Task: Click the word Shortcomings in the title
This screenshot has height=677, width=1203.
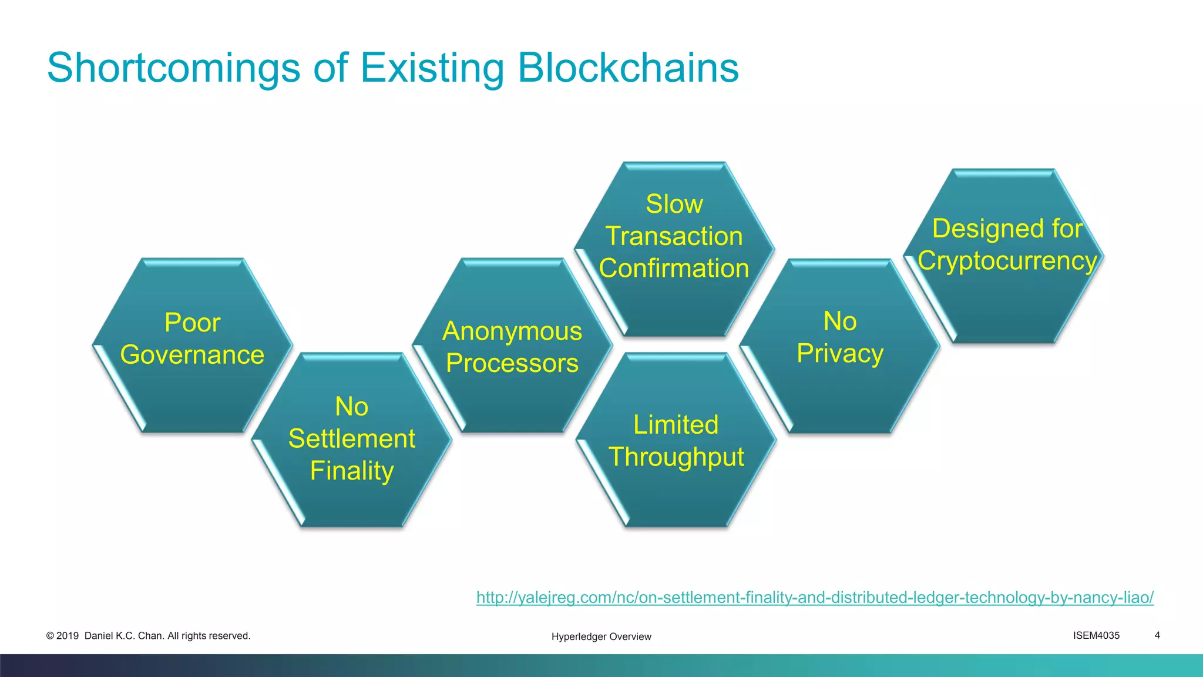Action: pyautogui.click(x=174, y=68)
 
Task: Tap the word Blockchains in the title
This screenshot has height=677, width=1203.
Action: pyautogui.click(x=628, y=68)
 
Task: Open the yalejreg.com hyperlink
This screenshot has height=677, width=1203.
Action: pyautogui.click(x=815, y=598)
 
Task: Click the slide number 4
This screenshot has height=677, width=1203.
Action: pyautogui.click(x=1157, y=635)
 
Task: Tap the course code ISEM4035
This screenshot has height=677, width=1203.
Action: pyautogui.click(x=1096, y=635)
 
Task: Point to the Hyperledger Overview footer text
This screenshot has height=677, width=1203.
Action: pyautogui.click(x=601, y=636)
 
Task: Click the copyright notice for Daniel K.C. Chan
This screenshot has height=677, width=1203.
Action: pyautogui.click(x=149, y=636)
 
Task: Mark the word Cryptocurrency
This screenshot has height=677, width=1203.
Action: pyautogui.click(x=1007, y=261)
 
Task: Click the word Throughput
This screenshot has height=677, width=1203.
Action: pyautogui.click(x=676, y=457)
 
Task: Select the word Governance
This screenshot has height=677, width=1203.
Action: pyautogui.click(x=192, y=355)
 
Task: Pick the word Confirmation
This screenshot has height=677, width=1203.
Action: pyautogui.click(x=674, y=269)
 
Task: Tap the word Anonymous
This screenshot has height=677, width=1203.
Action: pyautogui.click(x=512, y=331)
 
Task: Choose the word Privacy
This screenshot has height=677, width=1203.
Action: pyautogui.click(x=840, y=354)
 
